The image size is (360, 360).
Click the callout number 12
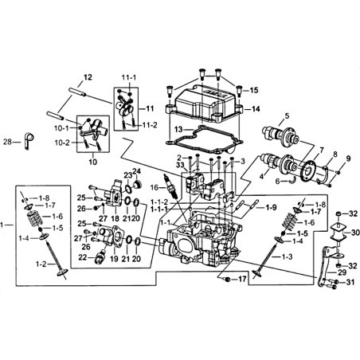88,77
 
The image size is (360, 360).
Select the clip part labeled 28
29,140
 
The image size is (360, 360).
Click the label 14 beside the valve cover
256,109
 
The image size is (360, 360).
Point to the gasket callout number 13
179,129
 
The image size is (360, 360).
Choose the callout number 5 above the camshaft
287,115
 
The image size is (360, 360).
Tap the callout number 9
348,158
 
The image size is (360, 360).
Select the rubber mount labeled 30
338,233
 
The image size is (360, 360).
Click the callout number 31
350,283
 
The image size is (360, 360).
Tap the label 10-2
62,143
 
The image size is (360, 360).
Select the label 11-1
129,77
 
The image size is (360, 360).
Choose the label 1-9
271,207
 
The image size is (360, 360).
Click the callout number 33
181,165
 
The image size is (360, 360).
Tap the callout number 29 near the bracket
342,272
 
